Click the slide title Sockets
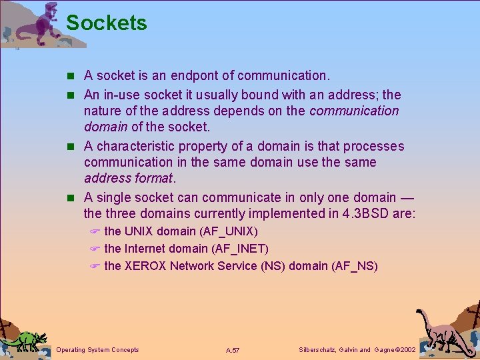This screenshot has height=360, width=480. coord(107,23)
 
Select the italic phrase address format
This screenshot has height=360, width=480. coord(128,179)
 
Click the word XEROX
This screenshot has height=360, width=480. coord(145,266)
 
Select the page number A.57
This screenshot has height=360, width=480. coord(233,350)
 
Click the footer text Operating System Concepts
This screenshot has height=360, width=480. coord(98,350)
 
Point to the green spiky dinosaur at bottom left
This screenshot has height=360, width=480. coord(23,339)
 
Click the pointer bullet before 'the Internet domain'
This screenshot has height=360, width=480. coord(95,249)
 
